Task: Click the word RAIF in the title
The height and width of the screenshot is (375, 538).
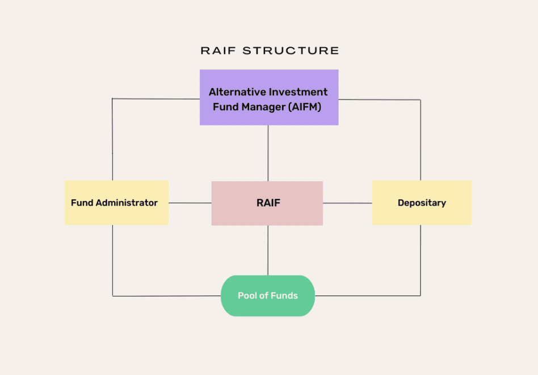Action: click(x=219, y=51)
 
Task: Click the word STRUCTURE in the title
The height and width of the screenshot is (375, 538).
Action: click(x=291, y=51)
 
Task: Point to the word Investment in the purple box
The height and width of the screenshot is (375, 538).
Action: click(x=299, y=92)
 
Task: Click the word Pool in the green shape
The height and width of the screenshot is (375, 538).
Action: click(x=248, y=295)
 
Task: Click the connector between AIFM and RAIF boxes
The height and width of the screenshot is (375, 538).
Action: click(x=268, y=153)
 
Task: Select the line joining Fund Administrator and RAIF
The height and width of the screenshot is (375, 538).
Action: click(x=190, y=203)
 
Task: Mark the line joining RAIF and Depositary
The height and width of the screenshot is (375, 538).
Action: click(x=347, y=203)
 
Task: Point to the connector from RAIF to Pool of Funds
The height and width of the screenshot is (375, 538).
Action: click(x=268, y=250)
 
